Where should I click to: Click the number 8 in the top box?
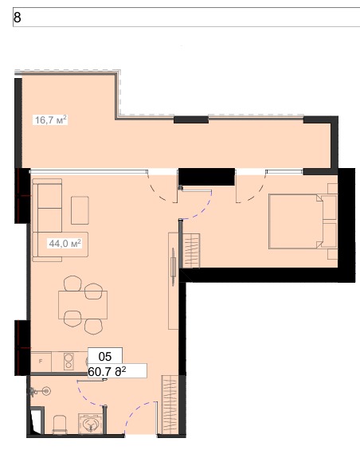[x=18, y=18]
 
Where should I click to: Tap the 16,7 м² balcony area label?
[x=51, y=119]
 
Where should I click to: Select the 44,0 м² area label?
[x=65, y=244]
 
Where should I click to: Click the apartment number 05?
[x=105, y=357]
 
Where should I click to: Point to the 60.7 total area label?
[x=107, y=372]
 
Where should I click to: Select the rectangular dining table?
[x=83, y=305]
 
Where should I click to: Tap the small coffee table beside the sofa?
[x=80, y=210]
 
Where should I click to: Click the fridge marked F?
[x=41, y=362]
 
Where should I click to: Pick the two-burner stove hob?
[x=68, y=362]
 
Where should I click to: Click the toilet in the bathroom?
[x=60, y=425]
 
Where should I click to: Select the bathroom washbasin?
[x=91, y=424]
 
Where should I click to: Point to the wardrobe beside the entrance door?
[x=170, y=404]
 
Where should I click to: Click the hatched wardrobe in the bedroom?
[x=191, y=251]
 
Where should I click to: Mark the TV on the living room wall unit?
[x=173, y=267]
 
